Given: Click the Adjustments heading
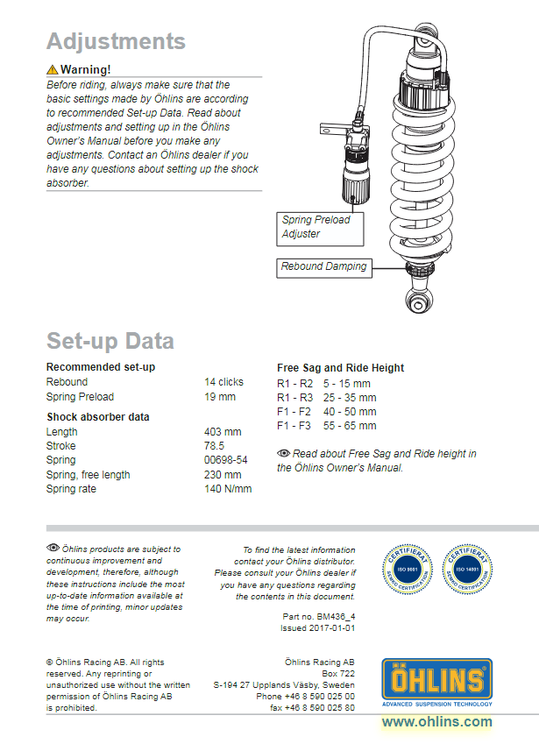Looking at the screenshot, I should [116, 41].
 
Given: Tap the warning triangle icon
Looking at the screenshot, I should [53, 69].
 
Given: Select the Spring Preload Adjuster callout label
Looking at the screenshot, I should [316, 226].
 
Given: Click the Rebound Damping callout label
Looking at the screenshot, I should [323, 266].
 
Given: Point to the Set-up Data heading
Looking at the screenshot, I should [110, 341].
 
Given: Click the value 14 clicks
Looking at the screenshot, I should [223, 382].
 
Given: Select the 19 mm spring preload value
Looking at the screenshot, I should [219, 397].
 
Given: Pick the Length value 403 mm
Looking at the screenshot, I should [222, 432].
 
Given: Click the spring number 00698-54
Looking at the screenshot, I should [225, 460].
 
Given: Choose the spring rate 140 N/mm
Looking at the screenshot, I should [227, 489].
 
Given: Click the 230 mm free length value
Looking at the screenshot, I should [222, 475].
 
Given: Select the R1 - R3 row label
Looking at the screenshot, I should [294, 398].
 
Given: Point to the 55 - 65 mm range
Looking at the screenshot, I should [350, 426].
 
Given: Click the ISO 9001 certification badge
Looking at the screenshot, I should [407, 568].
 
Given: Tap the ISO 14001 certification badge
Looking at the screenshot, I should [466, 568].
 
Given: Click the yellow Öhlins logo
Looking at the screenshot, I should [436, 680].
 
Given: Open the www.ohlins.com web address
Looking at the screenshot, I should [436, 722].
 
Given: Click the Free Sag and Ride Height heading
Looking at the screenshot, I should [340, 368].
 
